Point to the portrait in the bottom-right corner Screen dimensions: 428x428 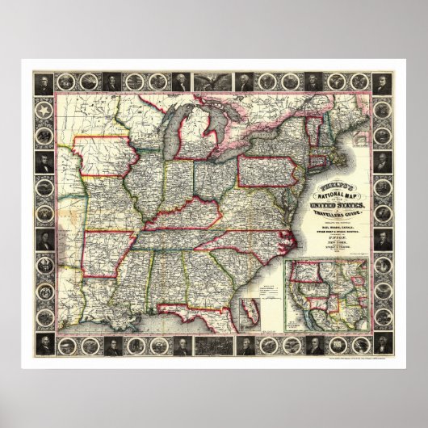point(382,346)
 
